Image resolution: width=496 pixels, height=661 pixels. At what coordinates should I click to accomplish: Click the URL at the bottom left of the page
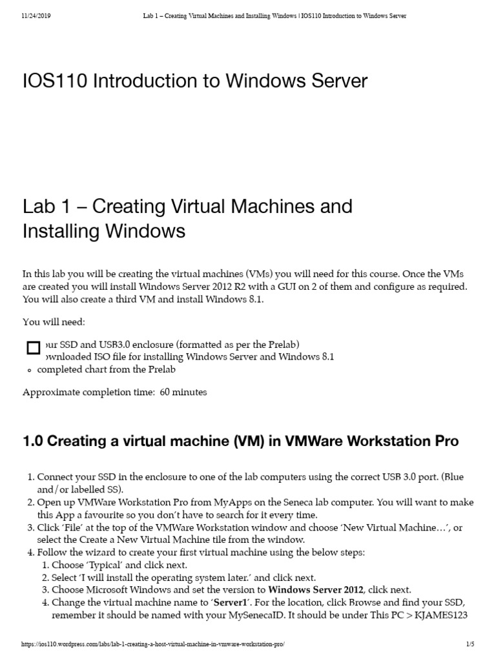tap(153, 644)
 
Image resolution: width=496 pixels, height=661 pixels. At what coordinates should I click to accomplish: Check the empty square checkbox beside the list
tap(33, 349)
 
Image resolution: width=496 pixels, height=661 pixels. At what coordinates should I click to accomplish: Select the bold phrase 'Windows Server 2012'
tap(316, 589)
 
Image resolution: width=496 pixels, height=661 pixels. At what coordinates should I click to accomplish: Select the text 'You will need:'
tap(54, 322)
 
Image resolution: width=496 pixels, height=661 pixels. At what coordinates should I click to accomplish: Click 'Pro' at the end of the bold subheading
tap(446, 442)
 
